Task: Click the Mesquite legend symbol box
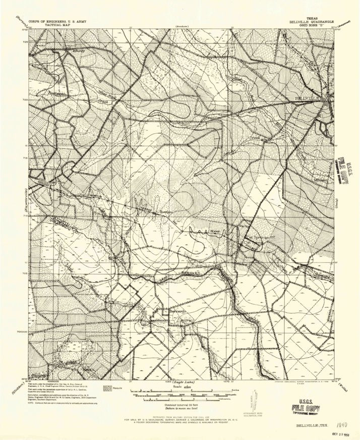[x=107, y=388]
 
